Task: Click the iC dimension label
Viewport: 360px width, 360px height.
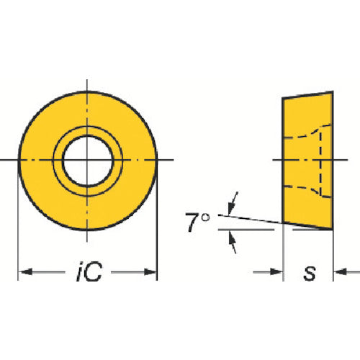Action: (x=89, y=271)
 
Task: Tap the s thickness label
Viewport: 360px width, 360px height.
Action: (x=310, y=273)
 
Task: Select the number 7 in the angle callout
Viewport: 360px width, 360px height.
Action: (x=192, y=222)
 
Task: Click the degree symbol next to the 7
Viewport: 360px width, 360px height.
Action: (x=205, y=217)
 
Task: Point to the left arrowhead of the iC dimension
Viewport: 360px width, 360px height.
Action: (x=25, y=272)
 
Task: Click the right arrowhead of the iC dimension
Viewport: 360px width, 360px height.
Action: (x=150, y=272)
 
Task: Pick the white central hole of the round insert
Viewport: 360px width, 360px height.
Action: (x=88, y=161)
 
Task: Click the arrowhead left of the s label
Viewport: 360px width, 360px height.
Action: (x=276, y=272)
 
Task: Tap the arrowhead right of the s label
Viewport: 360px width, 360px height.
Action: (x=341, y=272)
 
